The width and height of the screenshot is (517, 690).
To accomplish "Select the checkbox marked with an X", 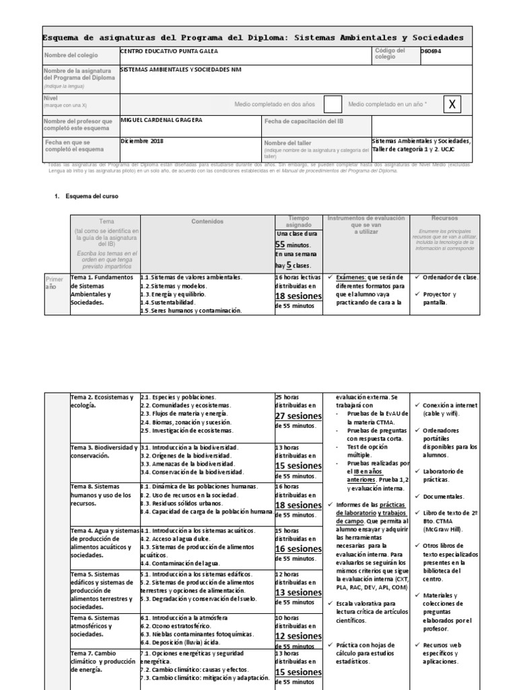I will pos(452,104).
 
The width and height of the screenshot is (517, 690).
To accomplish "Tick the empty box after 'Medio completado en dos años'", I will pos(333,104).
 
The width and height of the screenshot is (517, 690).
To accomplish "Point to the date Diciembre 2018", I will pos(142,142).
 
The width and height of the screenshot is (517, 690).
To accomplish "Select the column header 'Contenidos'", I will pos(207,221).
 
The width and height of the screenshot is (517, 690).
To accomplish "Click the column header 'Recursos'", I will pos(442,218).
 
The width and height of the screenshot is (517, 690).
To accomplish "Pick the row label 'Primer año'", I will pos(56,282).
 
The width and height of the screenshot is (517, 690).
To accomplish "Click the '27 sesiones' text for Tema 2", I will pos(299,416).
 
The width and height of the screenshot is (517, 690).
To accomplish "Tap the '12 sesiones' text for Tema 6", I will pos(299,636).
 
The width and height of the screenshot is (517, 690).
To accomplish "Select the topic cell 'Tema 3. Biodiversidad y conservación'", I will pos(104,451).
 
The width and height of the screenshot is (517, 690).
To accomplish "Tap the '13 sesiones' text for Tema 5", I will pos(299,592).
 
